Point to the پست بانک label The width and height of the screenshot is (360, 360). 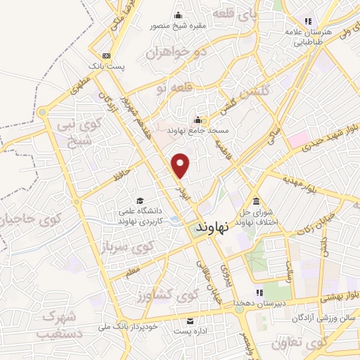click(106, 66)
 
